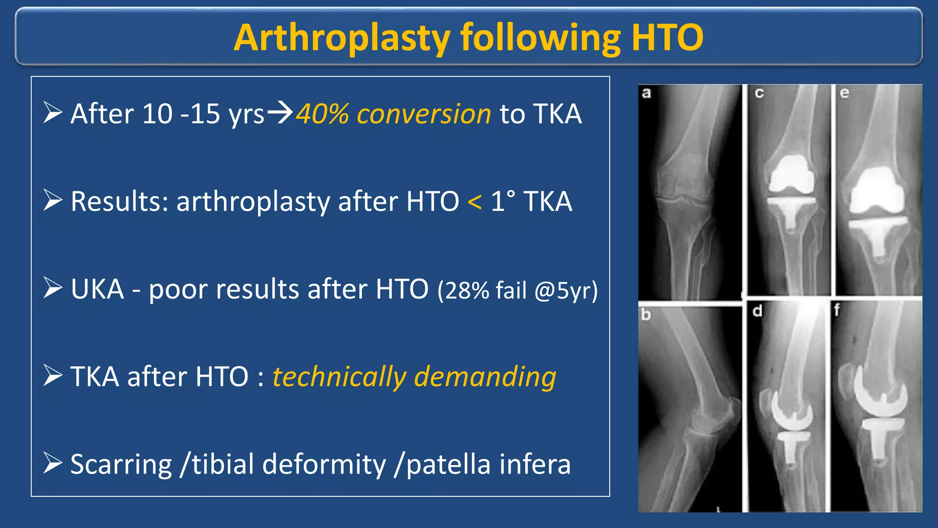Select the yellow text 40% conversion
point(393,114)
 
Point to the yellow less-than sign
point(474,202)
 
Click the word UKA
point(98,289)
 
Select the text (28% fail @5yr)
point(518,291)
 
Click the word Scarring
point(121,464)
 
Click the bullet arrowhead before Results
point(53,201)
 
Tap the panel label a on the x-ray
point(646,93)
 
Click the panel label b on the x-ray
point(646,314)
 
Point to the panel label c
point(759,93)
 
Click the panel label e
point(845,93)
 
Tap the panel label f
point(837,310)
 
